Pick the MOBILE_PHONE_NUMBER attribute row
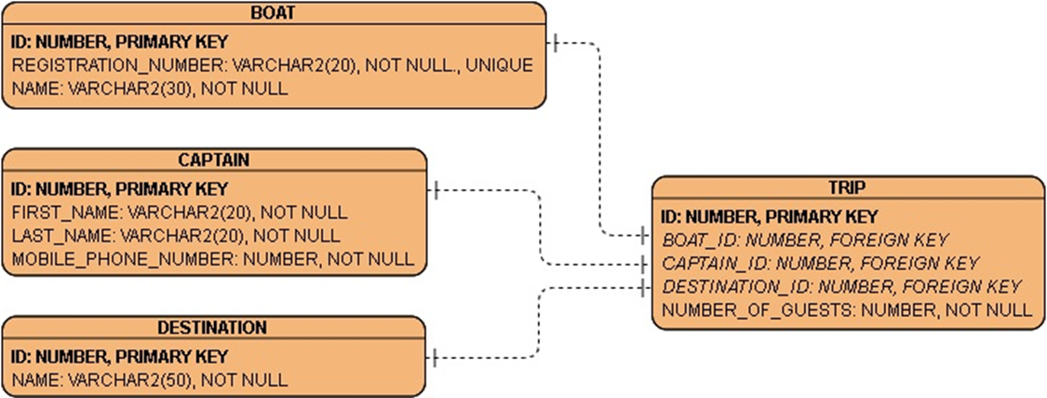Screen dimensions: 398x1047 click(x=213, y=259)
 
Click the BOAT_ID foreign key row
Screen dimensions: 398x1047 click(x=805, y=240)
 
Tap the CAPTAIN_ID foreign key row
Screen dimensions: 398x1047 click(x=820, y=263)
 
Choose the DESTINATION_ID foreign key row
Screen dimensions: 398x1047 click(x=841, y=286)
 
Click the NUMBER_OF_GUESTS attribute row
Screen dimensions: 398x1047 click(x=847, y=309)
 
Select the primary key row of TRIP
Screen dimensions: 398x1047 click(x=771, y=216)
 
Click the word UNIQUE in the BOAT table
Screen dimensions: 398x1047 click(x=499, y=65)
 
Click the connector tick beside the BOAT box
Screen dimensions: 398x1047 click(x=556, y=42)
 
